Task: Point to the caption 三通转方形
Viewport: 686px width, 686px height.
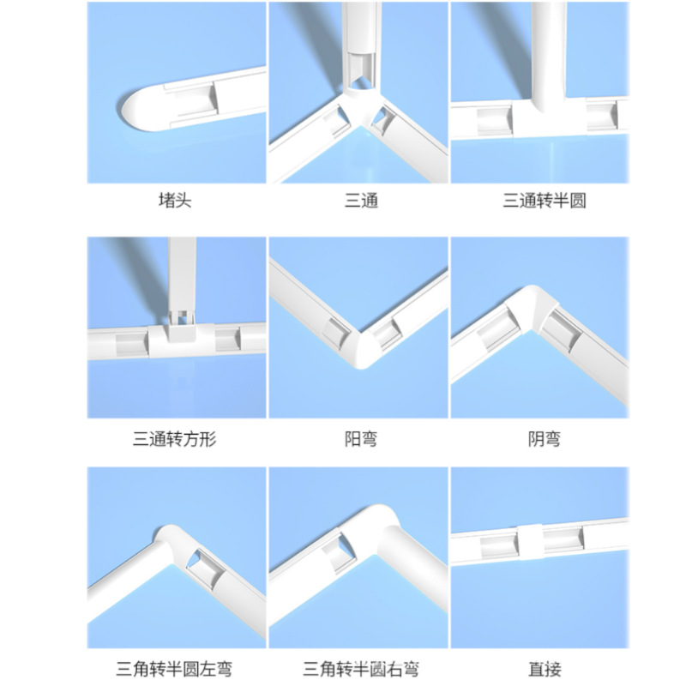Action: [176, 440]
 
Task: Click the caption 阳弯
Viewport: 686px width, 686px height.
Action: [360, 440]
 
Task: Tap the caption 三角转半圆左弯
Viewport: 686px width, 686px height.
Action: [176, 668]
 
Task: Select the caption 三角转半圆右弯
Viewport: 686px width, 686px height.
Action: [360, 668]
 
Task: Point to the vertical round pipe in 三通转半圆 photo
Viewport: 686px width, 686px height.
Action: [548, 51]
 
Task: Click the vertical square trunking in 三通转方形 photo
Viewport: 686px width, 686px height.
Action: [180, 274]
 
